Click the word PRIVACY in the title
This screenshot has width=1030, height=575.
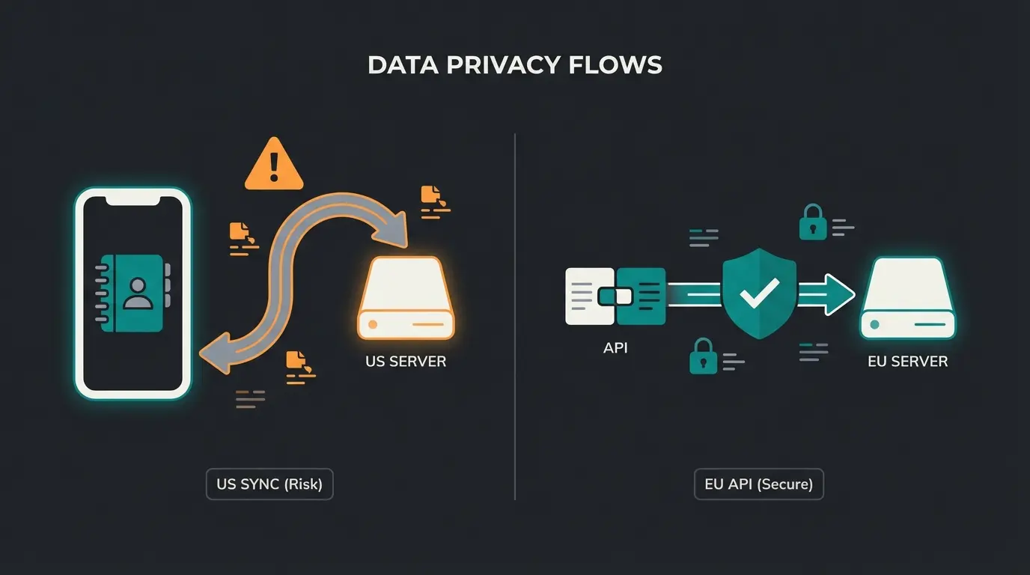coord(504,65)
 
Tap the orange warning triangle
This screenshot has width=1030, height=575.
coord(274,165)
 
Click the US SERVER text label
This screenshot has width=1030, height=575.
coord(406,361)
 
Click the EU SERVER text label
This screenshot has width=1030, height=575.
coord(907,361)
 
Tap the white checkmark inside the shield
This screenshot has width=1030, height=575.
coord(759,293)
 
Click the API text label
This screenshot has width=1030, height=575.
coord(615,347)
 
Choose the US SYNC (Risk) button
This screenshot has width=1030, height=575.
coord(269,484)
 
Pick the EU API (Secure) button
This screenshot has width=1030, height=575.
coord(758,484)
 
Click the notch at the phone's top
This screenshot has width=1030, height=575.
coord(133,199)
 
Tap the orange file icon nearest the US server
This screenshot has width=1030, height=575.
coord(431,196)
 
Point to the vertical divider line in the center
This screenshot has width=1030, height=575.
coord(515,314)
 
